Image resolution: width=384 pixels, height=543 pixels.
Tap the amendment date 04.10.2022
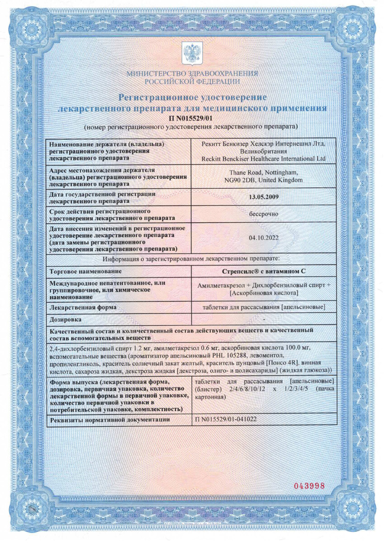pos(264,236)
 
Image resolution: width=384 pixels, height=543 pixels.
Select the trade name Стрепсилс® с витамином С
pos(264,271)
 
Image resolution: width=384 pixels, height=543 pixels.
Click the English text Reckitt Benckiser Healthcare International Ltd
pos(264,159)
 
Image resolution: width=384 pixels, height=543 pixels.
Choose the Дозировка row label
pos(65,319)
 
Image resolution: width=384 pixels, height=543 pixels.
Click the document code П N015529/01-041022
pos(226,419)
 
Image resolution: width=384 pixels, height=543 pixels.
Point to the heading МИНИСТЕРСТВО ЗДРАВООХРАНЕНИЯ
pos(192,73)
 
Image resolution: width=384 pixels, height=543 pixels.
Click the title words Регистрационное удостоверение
pos(192,97)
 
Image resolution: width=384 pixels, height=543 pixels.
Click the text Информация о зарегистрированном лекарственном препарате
pos(191,259)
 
